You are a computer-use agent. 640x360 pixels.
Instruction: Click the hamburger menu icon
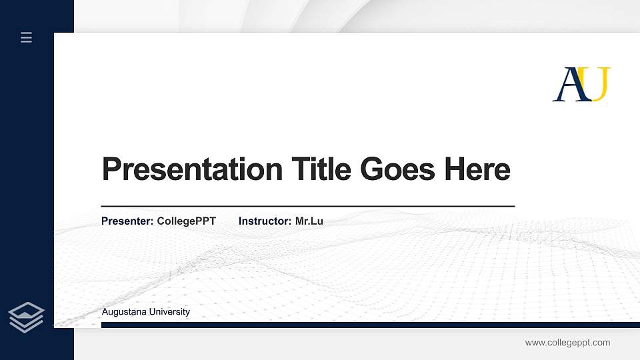[27, 37]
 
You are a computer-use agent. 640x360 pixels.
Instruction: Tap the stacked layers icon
[27, 317]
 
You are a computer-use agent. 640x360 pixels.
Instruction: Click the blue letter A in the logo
[568, 85]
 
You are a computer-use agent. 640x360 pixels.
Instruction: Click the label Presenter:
[127, 221]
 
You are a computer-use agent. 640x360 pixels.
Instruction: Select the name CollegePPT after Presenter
[187, 221]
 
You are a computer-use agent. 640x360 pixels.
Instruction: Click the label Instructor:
[265, 221]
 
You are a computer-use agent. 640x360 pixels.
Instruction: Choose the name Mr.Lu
[309, 221]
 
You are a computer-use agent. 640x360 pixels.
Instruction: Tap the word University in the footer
[169, 312]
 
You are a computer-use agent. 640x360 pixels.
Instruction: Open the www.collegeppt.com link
[567, 343]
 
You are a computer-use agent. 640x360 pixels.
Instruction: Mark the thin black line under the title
[308, 207]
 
